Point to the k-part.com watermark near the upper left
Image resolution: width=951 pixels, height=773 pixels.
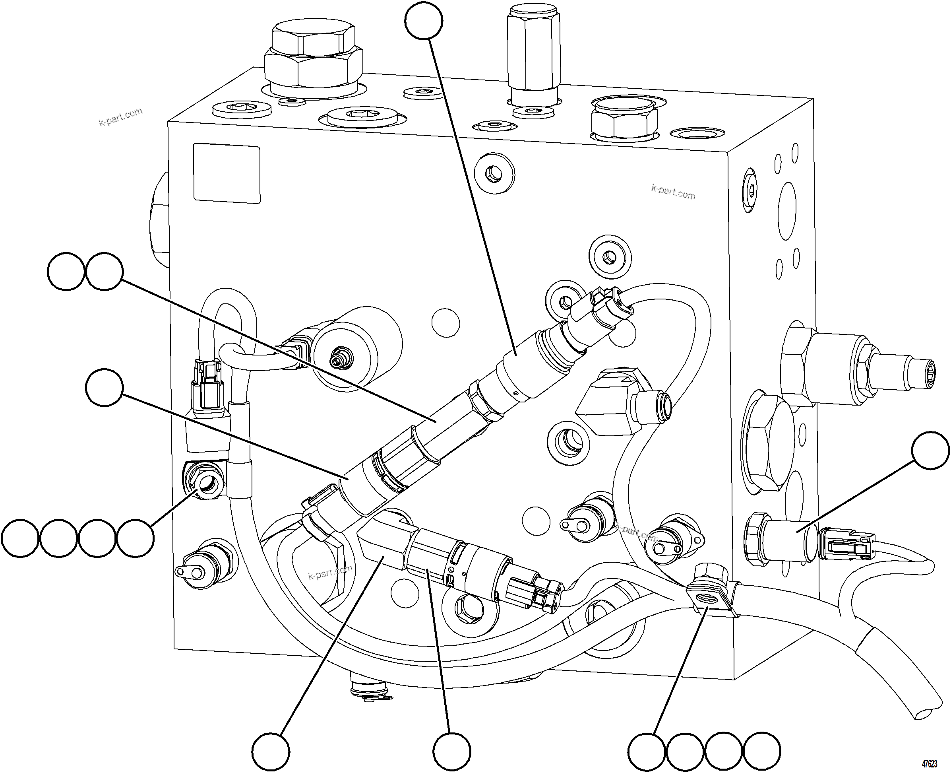120,117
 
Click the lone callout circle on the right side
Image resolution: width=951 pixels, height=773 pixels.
930,450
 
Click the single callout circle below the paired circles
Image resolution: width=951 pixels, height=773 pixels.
104,387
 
